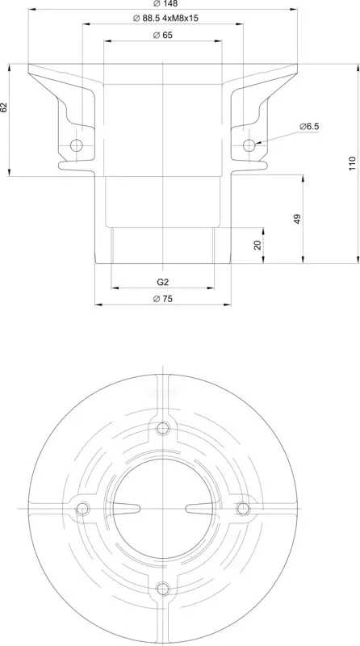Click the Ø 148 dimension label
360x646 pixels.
[163, 4]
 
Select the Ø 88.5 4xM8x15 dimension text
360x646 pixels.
[163, 18]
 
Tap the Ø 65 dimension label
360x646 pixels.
[163, 36]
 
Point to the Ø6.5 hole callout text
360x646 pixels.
[309, 127]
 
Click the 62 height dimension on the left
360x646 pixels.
[4, 107]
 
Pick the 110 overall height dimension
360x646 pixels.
[352, 163]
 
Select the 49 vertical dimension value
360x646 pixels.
[298, 219]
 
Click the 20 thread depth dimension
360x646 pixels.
[257, 245]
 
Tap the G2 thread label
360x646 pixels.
[163, 282]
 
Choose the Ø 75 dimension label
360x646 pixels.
[163, 299]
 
